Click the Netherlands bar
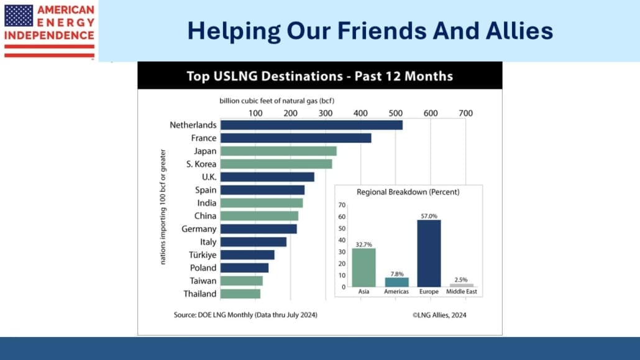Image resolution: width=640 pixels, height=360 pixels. [x=311, y=125]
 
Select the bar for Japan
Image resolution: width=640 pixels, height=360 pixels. [x=278, y=151]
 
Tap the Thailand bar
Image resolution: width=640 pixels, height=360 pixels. [x=240, y=294]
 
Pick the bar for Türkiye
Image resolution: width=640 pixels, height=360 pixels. [x=247, y=255]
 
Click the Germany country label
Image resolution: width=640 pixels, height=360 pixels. [x=199, y=229]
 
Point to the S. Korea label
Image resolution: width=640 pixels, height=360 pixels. [x=201, y=164]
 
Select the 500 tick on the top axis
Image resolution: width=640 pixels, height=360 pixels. [x=396, y=113]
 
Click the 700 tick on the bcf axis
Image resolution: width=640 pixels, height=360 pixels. [x=466, y=113]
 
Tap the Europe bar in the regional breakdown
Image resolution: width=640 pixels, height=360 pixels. [x=429, y=253]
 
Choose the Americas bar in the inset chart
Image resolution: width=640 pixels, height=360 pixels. [x=396, y=282]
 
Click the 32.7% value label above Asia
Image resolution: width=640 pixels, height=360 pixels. [x=363, y=245]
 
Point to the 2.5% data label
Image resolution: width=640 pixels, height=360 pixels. [x=461, y=280]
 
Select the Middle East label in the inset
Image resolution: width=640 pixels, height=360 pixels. [x=462, y=292]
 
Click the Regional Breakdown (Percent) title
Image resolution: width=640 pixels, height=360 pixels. [x=408, y=192]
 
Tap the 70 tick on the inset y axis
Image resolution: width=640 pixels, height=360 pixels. [x=342, y=205]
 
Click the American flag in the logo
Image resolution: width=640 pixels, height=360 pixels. [x=19, y=16]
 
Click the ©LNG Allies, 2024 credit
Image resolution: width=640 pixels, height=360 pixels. [x=439, y=315]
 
